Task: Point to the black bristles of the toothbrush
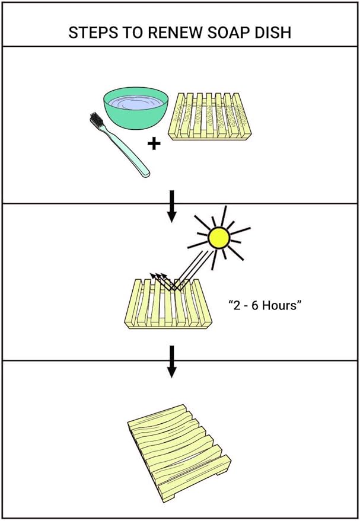97,122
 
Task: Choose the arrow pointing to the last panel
172,361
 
